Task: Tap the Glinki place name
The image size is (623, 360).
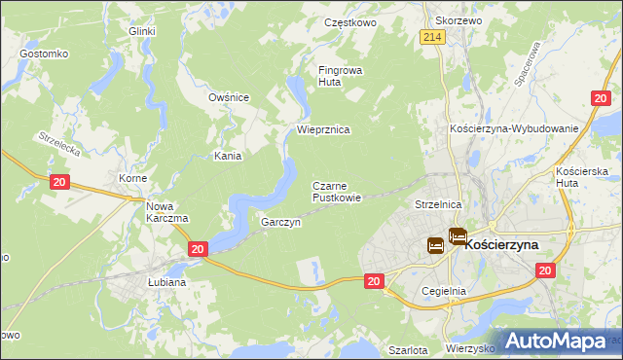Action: (142, 31)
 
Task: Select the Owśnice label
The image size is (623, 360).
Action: (229, 97)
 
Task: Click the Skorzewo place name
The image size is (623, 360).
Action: (459, 19)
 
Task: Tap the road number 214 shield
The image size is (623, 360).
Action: (433, 37)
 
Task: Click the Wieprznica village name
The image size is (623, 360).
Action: (323, 129)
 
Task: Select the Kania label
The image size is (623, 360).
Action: (228, 155)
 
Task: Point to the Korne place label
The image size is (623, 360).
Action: (132, 179)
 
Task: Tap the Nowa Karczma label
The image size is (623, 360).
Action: (166, 211)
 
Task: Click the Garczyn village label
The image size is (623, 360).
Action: (280, 222)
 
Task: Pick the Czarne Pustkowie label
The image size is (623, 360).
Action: (337, 191)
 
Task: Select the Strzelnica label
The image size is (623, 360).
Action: (436, 205)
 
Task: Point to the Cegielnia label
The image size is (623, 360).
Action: (444, 290)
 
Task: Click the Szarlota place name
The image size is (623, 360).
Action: (407, 349)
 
